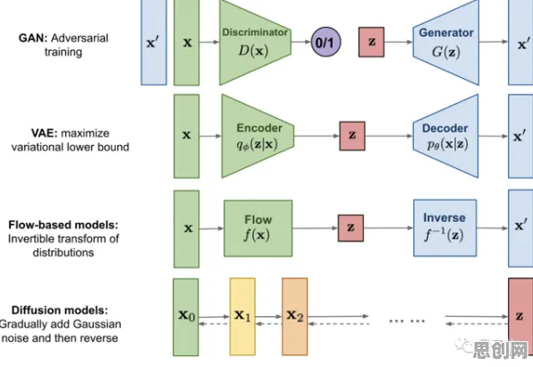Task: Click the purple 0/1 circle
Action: pos(326,42)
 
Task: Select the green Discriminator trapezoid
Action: pos(255,42)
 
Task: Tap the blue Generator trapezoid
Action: pos(445,42)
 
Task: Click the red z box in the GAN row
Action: pos(371,42)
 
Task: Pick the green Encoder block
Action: pos(258,136)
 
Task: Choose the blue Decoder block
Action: pos(445,136)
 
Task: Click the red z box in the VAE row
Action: pos(352,136)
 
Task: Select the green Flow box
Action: pos(258,228)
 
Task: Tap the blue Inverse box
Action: pos(445,228)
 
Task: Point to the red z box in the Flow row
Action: pos(351,228)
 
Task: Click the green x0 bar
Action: pos(186,318)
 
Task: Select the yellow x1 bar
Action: pos(242,317)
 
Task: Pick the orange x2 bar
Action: pos(295,317)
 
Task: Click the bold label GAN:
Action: pos(33,38)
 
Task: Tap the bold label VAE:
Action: pos(44,133)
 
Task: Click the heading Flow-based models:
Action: pos(63,225)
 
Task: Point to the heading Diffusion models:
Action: pos(60,311)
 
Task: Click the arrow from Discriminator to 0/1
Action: pos(301,42)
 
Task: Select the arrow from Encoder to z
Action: pos(317,136)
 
